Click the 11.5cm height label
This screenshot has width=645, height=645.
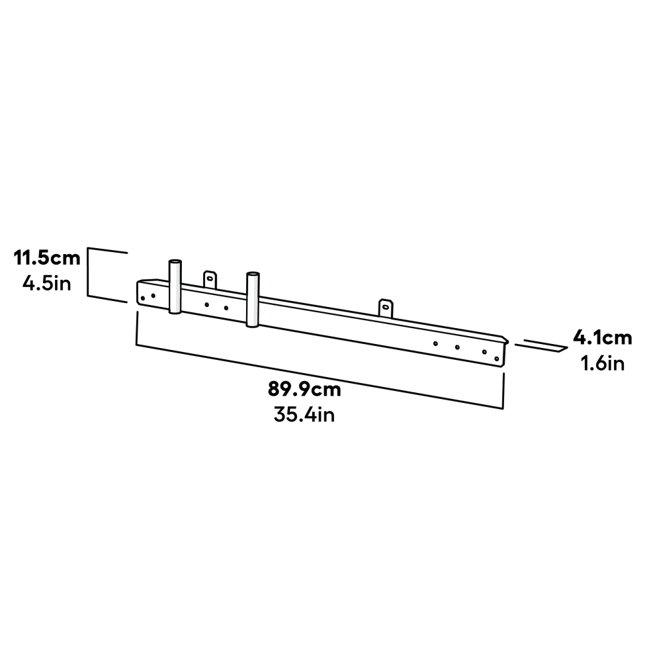[x=47, y=258]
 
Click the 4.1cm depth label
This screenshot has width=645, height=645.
[x=603, y=338]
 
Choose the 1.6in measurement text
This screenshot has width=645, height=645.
[x=603, y=364]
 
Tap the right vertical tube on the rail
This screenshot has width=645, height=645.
[x=252, y=299]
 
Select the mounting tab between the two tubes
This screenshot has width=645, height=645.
[x=210, y=279]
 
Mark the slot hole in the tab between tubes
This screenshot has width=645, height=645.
[x=210, y=278]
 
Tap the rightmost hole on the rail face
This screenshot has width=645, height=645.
[x=497, y=359]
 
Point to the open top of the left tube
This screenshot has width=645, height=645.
[x=175, y=263]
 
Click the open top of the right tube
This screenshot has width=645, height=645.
[x=252, y=275]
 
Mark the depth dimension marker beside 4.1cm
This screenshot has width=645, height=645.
[x=541, y=345]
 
